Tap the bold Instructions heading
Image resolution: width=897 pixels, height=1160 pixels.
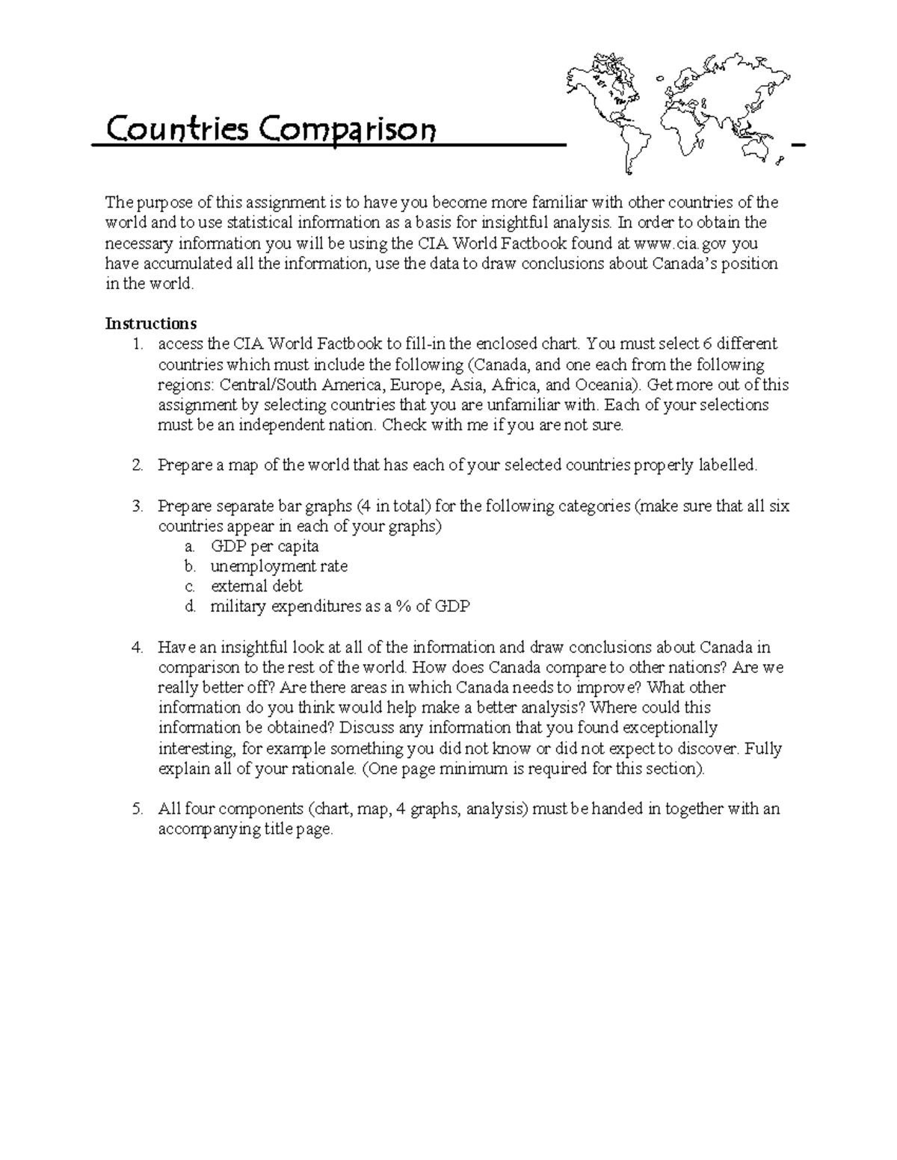[x=151, y=323]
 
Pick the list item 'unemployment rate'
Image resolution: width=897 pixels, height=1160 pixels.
[x=279, y=566]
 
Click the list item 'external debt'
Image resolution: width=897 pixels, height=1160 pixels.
[x=256, y=586]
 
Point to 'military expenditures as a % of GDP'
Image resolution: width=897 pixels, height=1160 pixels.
[x=339, y=607]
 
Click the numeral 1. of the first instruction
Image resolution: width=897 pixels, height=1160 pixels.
[x=137, y=344]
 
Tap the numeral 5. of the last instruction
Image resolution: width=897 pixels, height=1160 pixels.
[x=137, y=809]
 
